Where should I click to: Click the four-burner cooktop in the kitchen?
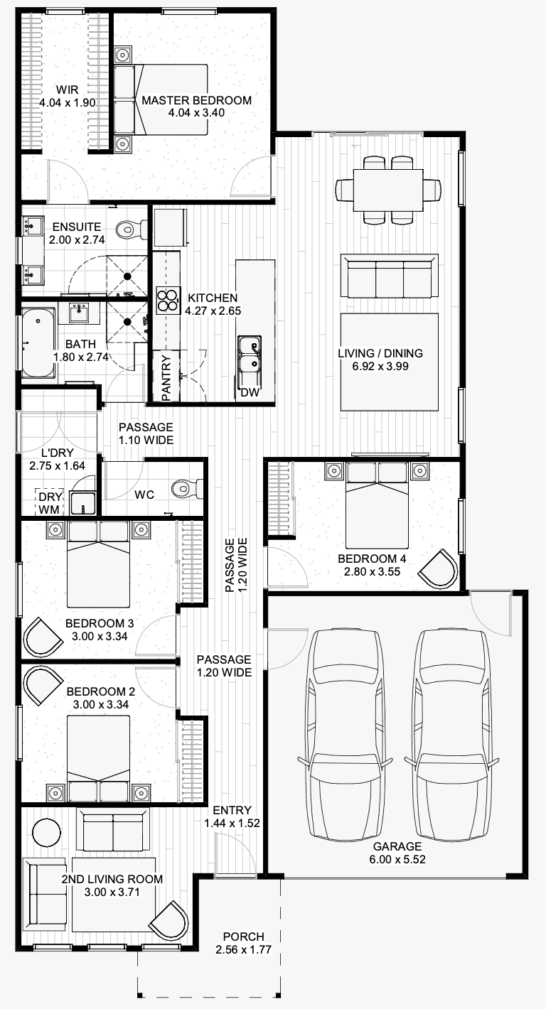pos(167,300)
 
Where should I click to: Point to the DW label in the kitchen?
pos(250,392)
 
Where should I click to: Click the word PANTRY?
pos(166,379)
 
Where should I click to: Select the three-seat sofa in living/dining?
pos(389,276)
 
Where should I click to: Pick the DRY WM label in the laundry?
pos(50,502)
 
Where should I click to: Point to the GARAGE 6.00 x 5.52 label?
pos(397,853)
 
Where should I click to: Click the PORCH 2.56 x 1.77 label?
pos(244,942)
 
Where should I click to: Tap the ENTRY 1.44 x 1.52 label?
pos(232,816)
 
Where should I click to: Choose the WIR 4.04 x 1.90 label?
pos(68,97)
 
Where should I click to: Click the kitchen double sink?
pos(249,355)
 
